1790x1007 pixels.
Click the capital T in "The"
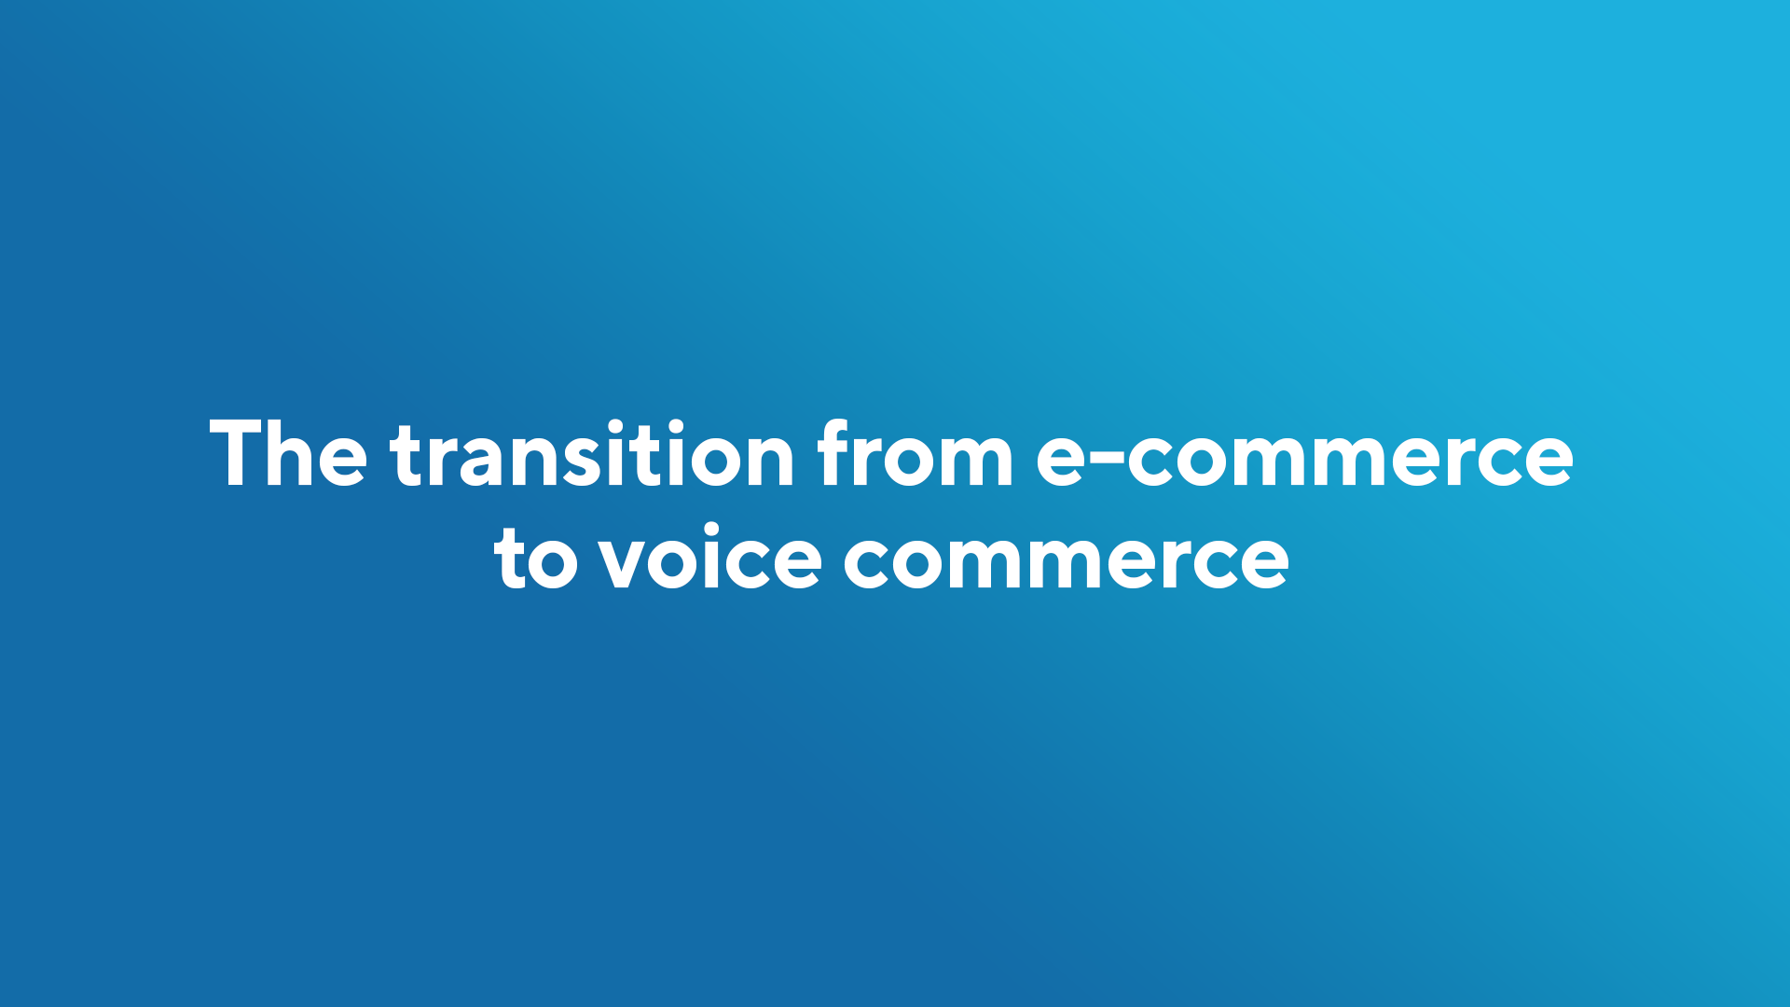pos(236,453)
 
